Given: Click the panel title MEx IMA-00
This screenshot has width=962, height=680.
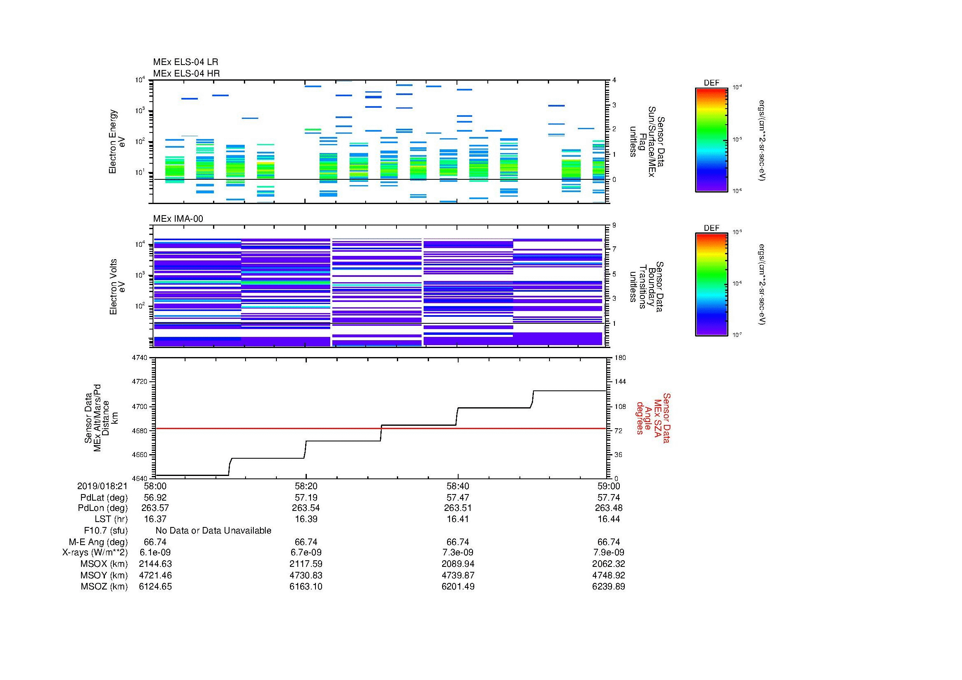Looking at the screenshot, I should coord(178,219).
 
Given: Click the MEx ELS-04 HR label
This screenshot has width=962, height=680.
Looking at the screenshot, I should coord(186,73).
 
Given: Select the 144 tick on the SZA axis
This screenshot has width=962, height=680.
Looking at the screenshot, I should coord(620,382).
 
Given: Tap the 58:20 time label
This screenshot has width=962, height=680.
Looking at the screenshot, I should coord(306,486).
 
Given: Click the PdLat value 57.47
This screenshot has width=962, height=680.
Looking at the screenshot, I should coord(458,498).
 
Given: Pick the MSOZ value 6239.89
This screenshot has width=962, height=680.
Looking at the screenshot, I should coord(608,587).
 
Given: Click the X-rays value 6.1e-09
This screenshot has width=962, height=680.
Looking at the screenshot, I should coord(155,552).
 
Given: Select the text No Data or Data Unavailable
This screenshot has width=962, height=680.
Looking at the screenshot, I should coord(213,531).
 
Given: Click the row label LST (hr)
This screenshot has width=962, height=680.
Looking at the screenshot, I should coord(111,519).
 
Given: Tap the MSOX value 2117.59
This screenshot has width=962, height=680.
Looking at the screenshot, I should coord(306,564).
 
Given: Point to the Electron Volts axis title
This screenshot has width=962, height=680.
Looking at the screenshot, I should coord(117,287).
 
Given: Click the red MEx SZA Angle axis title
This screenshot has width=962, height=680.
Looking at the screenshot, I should coord(653,418).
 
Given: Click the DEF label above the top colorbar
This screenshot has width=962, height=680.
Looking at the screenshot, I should coord(712,83).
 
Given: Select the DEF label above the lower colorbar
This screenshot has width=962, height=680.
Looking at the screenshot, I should coord(712,228).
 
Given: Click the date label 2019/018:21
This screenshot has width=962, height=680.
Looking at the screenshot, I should coord(102,486).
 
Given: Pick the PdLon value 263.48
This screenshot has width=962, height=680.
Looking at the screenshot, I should coord(608,508).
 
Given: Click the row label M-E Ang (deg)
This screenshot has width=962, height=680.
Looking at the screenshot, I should coord(98,542).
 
